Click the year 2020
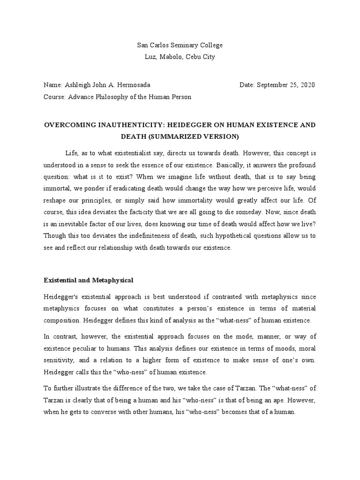[307, 85]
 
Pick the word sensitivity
[59, 360]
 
